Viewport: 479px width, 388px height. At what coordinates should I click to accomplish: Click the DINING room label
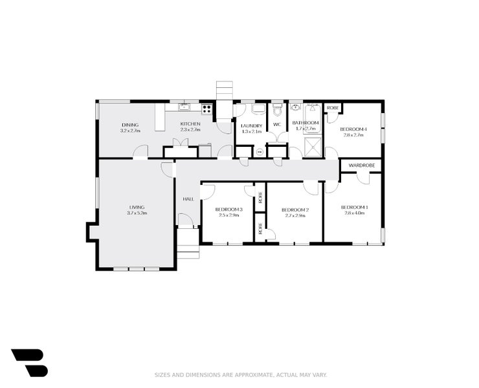tap(130, 125)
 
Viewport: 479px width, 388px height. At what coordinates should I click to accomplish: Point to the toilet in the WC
tap(278, 108)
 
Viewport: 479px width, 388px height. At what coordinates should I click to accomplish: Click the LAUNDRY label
tap(251, 125)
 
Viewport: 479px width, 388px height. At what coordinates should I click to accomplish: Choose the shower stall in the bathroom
tap(313, 146)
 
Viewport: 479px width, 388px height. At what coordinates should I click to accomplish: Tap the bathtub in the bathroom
tap(313, 110)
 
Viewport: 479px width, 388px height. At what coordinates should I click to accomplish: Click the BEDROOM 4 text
tap(353, 129)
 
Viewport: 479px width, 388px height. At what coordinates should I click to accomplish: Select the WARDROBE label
tap(361, 166)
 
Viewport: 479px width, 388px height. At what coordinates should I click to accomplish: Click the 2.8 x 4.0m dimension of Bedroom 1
tap(355, 213)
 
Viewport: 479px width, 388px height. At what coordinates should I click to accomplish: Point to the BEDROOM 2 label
tap(295, 210)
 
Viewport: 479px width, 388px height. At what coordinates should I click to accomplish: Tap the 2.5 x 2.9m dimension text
tap(228, 215)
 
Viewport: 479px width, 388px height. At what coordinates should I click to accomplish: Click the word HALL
tap(188, 199)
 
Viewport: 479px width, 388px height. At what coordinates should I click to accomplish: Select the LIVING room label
tap(137, 207)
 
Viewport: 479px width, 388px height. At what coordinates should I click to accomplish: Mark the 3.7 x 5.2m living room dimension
tap(137, 213)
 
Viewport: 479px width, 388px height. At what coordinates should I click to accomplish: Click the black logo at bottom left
tap(29, 362)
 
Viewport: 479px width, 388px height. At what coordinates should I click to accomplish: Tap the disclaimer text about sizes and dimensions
tap(241, 374)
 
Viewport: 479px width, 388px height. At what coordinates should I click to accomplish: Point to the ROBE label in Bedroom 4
tap(333, 107)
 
